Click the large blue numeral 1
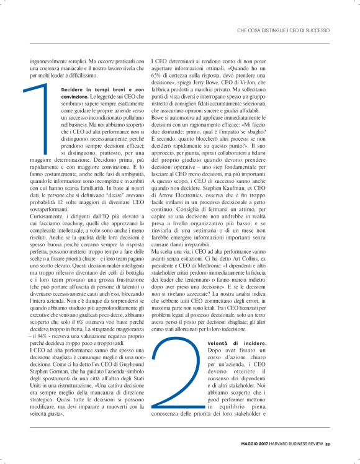click(42, 120)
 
